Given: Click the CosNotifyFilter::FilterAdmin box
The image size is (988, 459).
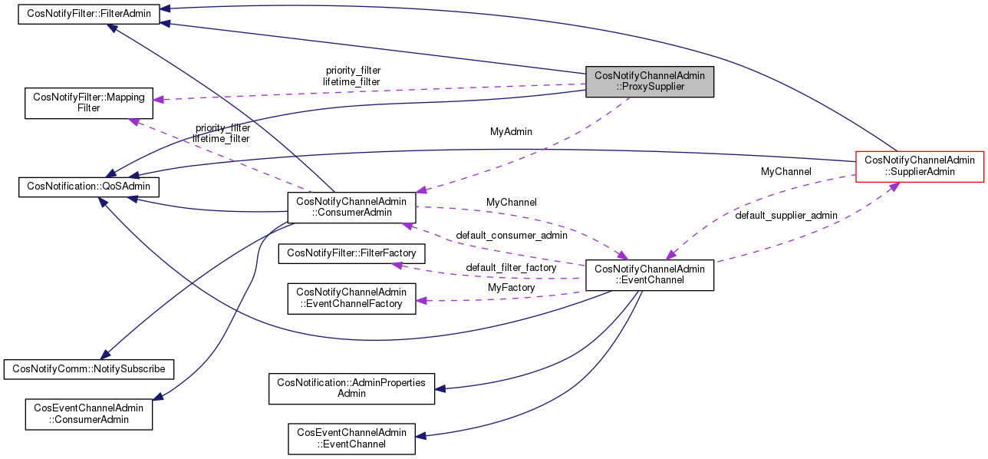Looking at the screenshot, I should click(89, 14).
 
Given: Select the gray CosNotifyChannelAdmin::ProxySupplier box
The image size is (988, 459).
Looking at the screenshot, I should click(650, 81).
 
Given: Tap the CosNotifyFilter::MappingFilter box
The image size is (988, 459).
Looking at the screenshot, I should click(89, 103).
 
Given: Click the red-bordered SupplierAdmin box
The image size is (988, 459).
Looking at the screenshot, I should click(919, 166).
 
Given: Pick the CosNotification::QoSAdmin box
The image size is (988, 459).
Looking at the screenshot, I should click(89, 185).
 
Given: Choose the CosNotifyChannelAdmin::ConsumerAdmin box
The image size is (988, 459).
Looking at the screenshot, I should click(351, 206).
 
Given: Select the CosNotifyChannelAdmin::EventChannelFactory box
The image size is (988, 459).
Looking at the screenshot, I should click(351, 298).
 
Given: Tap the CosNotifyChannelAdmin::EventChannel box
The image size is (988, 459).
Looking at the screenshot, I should click(650, 275).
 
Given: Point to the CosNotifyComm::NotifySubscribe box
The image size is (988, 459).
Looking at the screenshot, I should click(89, 368).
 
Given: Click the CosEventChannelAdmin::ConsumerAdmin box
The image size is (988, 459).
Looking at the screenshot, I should click(89, 414).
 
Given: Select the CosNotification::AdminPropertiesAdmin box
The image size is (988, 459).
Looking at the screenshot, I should click(351, 388).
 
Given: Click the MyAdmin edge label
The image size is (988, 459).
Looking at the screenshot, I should click(511, 132).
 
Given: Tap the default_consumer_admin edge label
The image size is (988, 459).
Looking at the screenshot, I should click(512, 235).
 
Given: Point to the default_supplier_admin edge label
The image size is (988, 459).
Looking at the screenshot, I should click(786, 216).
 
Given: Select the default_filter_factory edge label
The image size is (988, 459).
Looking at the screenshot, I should click(511, 267).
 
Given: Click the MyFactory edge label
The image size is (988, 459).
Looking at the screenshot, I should click(512, 287).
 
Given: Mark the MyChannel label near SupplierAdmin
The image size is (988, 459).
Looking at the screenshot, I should click(786, 172).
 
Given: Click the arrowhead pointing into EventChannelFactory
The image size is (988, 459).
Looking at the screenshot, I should click(421, 302).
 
